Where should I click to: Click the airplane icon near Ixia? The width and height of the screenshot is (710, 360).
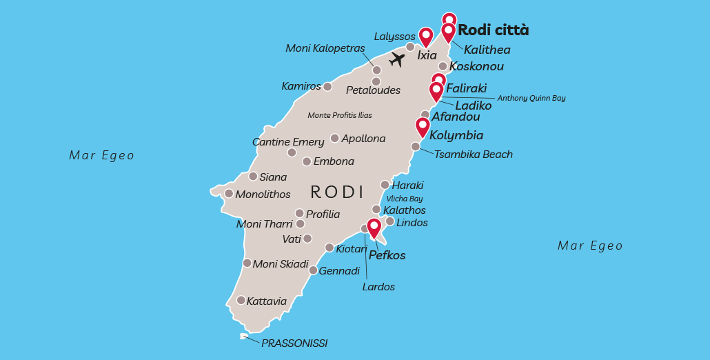coord(396,59)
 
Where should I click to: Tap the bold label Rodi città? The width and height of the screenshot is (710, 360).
coord(493,30)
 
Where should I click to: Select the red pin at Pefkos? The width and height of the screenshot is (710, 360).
coord(374,227)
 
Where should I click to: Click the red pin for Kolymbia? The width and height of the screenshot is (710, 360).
coord(423,126)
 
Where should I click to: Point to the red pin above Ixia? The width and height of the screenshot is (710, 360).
coord(425,36)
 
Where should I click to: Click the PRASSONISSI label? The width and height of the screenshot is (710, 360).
coord(294,343)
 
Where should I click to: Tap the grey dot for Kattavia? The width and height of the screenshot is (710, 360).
coord(241,300)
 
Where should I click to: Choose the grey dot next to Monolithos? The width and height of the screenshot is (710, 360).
coord(229,193)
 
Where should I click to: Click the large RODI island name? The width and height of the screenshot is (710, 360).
coord(337,191)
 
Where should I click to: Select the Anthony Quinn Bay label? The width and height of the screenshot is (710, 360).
coord(531,98)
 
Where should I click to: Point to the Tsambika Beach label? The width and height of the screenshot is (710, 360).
coord(473,154)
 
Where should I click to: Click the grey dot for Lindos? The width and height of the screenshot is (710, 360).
coord(389,221)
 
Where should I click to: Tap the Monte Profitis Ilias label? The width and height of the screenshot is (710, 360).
coord(340,115)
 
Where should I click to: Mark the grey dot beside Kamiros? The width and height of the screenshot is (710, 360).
coord(328,87)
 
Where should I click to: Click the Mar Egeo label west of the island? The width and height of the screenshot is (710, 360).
coord(102,155)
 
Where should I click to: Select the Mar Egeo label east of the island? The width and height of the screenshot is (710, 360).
coord(590,246)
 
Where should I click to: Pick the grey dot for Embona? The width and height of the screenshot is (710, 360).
coord(307,161)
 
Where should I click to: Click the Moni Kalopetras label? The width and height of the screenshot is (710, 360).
coord(325,48)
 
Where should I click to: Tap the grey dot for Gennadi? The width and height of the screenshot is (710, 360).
coord(313,270)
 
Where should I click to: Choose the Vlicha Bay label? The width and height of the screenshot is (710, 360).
coord(405,199)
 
